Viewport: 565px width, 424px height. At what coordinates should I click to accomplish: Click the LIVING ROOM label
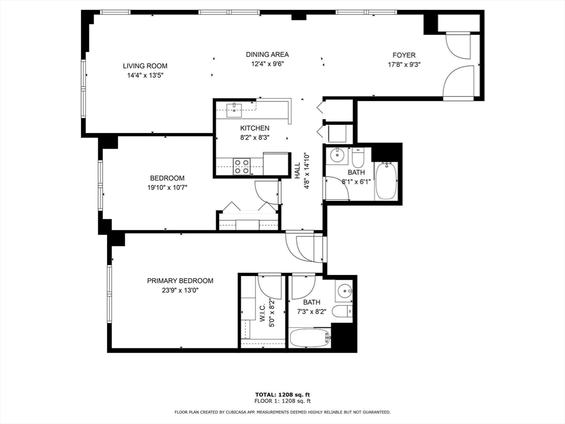pyautogui.click(x=145, y=66)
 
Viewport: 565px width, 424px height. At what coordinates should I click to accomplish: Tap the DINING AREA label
pyautogui.click(x=267, y=55)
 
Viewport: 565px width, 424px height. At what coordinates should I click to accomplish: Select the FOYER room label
pyautogui.click(x=404, y=55)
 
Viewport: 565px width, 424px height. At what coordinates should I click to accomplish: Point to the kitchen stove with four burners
pyautogui.click(x=242, y=166)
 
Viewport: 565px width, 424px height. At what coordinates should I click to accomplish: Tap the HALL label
pyautogui.click(x=297, y=170)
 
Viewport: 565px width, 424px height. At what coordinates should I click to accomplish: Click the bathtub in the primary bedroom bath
pyautogui.click(x=310, y=338)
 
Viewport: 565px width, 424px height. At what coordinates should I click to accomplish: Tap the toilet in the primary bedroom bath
pyautogui.click(x=342, y=311)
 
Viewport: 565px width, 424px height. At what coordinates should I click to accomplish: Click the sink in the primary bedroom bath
pyautogui.click(x=344, y=290)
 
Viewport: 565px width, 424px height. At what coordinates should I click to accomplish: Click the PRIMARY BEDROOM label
pyautogui.click(x=180, y=281)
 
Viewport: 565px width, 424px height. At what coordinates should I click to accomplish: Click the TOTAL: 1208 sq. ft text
pyautogui.click(x=282, y=394)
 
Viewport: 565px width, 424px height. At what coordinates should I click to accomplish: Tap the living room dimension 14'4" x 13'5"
pyautogui.click(x=145, y=75)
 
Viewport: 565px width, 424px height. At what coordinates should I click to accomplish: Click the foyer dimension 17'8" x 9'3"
pyautogui.click(x=404, y=64)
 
